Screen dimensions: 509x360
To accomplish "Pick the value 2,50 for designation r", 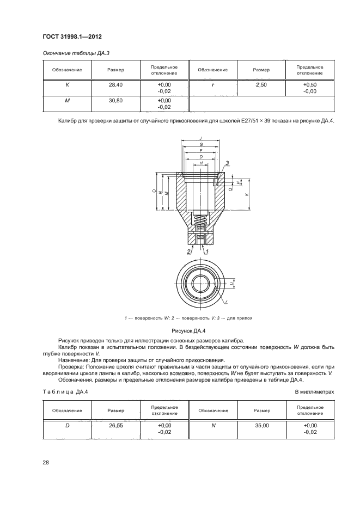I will [x=261, y=85].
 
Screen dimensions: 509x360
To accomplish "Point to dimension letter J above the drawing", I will [x=201, y=139].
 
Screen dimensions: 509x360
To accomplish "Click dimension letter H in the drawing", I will [x=201, y=163].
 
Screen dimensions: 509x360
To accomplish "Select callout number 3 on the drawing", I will [x=227, y=162].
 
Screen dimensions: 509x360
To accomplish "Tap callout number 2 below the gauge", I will [x=189, y=252].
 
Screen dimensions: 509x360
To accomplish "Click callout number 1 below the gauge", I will [x=207, y=252].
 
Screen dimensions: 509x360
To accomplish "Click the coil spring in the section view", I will [x=201, y=222].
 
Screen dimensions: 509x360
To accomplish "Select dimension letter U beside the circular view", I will [x=231, y=284].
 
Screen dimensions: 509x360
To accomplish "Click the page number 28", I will [x=46, y=462].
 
